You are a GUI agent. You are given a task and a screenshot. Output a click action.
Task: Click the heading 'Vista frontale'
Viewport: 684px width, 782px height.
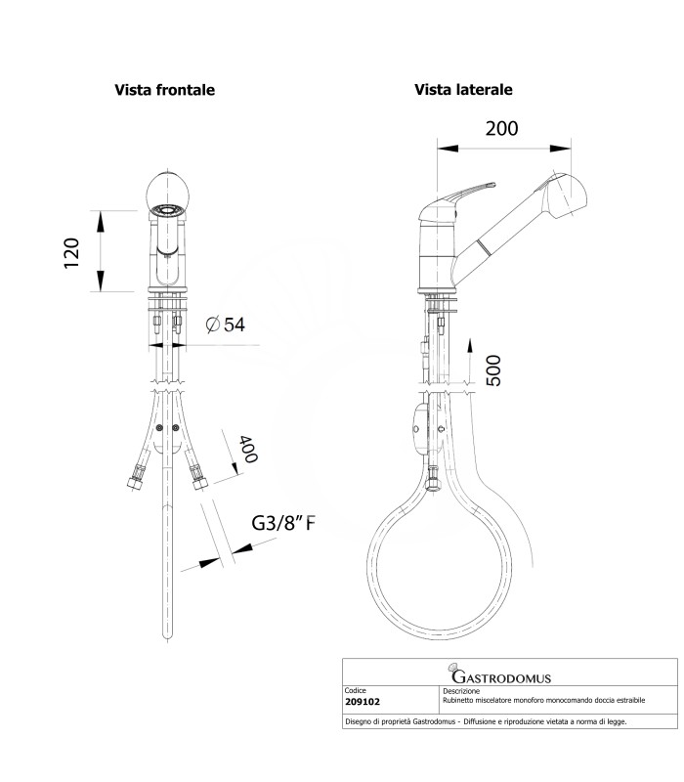(165, 89)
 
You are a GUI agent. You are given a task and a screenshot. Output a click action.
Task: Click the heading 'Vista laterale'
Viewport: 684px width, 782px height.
(463, 89)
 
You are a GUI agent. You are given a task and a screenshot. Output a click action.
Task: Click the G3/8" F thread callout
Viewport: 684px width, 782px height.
(283, 525)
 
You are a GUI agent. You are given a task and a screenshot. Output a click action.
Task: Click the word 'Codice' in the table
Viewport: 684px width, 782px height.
(356, 690)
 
